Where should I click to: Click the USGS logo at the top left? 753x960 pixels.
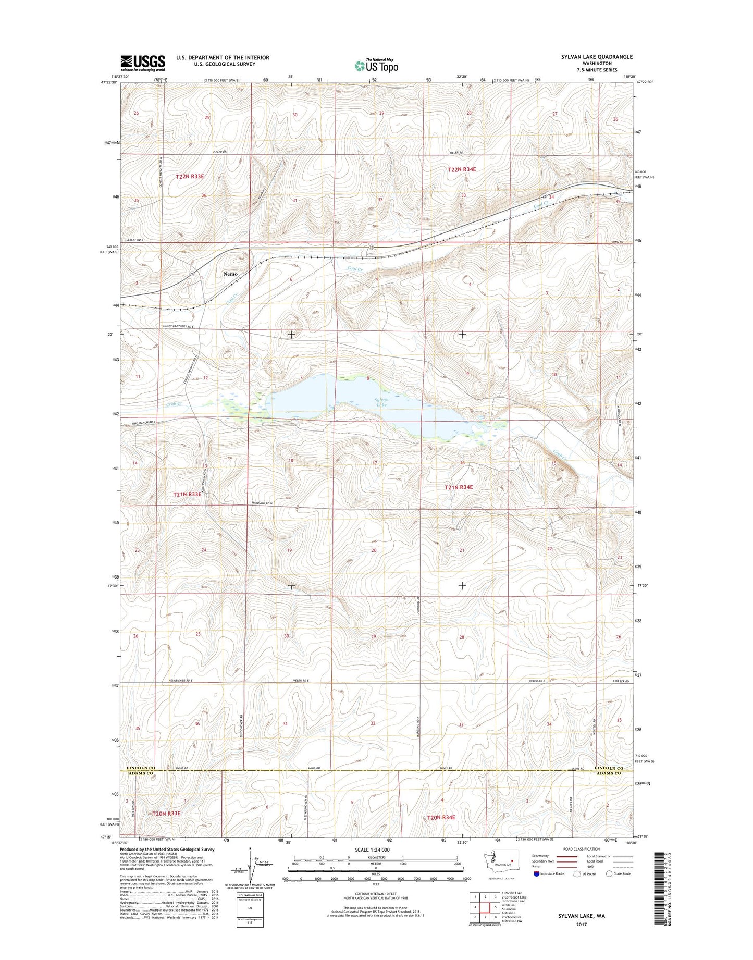click(x=143, y=63)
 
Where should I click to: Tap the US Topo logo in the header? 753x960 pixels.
click(x=376, y=66)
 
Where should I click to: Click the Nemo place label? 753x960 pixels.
click(x=230, y=274)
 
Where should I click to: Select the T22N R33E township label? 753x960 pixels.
click(x=190, y=177)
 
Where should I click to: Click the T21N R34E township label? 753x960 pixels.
click(x=459, y=487)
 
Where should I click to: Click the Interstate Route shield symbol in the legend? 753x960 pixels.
click(x=536, y=873)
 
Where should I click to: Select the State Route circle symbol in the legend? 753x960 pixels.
click(x=609, y=873)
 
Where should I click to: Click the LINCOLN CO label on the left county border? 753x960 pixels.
click(x=141, y=768)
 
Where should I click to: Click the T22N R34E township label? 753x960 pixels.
click(x=462, y=169)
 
